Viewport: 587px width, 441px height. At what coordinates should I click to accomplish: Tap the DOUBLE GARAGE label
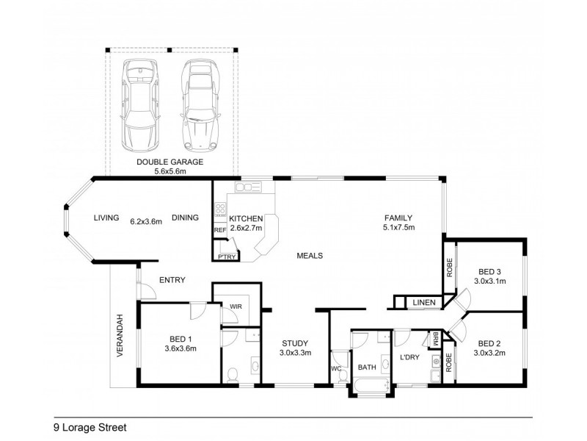click(x=169, y=162)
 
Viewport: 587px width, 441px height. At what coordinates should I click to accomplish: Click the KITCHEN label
click(x=246, y=218)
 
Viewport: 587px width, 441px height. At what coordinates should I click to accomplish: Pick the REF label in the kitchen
click(x=219, y=230)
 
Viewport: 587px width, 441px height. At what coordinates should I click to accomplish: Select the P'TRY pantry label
click(x=225, y=257)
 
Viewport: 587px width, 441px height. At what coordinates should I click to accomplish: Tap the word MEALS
click(x=310, y=256)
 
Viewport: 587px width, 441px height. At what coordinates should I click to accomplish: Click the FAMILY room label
click(x=399, y=218)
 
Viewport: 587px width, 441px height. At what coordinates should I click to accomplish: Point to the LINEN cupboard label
click(x=424, y=302)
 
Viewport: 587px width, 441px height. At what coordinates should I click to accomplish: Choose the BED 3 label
click(x=489, y=270)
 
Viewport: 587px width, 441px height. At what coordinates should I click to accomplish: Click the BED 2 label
click(x=489, y=343)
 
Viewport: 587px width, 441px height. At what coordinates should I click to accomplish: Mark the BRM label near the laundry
click(x=435, y=339)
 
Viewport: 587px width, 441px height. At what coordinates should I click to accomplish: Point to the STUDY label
click(x=294, y=343)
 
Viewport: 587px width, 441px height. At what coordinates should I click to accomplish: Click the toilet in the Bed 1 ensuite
click(x=233, y=373)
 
